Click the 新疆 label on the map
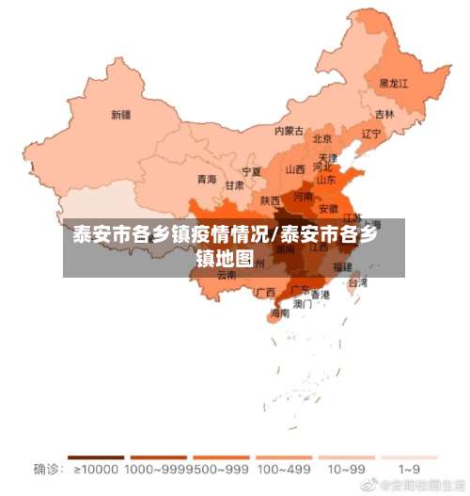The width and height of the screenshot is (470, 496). pos(121,116)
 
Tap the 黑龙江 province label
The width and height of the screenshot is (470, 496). pos(394,84)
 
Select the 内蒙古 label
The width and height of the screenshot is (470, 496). pos(290,132)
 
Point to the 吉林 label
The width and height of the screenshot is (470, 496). pos(384,114)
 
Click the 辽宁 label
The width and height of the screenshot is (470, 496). pos(371,134)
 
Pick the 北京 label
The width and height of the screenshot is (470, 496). pos(322,139)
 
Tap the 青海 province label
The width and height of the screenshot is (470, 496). pos(207,179)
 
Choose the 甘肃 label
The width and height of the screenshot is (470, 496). pos(234,185)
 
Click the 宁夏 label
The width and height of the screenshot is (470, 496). pos(252,172)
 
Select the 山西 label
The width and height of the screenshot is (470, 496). pos(295,170)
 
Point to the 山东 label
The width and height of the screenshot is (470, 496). pos(325,179)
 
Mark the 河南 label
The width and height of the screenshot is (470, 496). pos(303,198)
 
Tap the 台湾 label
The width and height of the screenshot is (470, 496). pos(358,281)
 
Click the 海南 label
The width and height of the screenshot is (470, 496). pos(280,313)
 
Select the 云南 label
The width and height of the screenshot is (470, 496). pos(227,276)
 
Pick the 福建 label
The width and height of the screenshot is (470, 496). pos(342,267)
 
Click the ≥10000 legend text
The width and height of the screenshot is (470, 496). pos(95,469)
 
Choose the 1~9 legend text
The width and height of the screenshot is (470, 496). pos(409,469)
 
